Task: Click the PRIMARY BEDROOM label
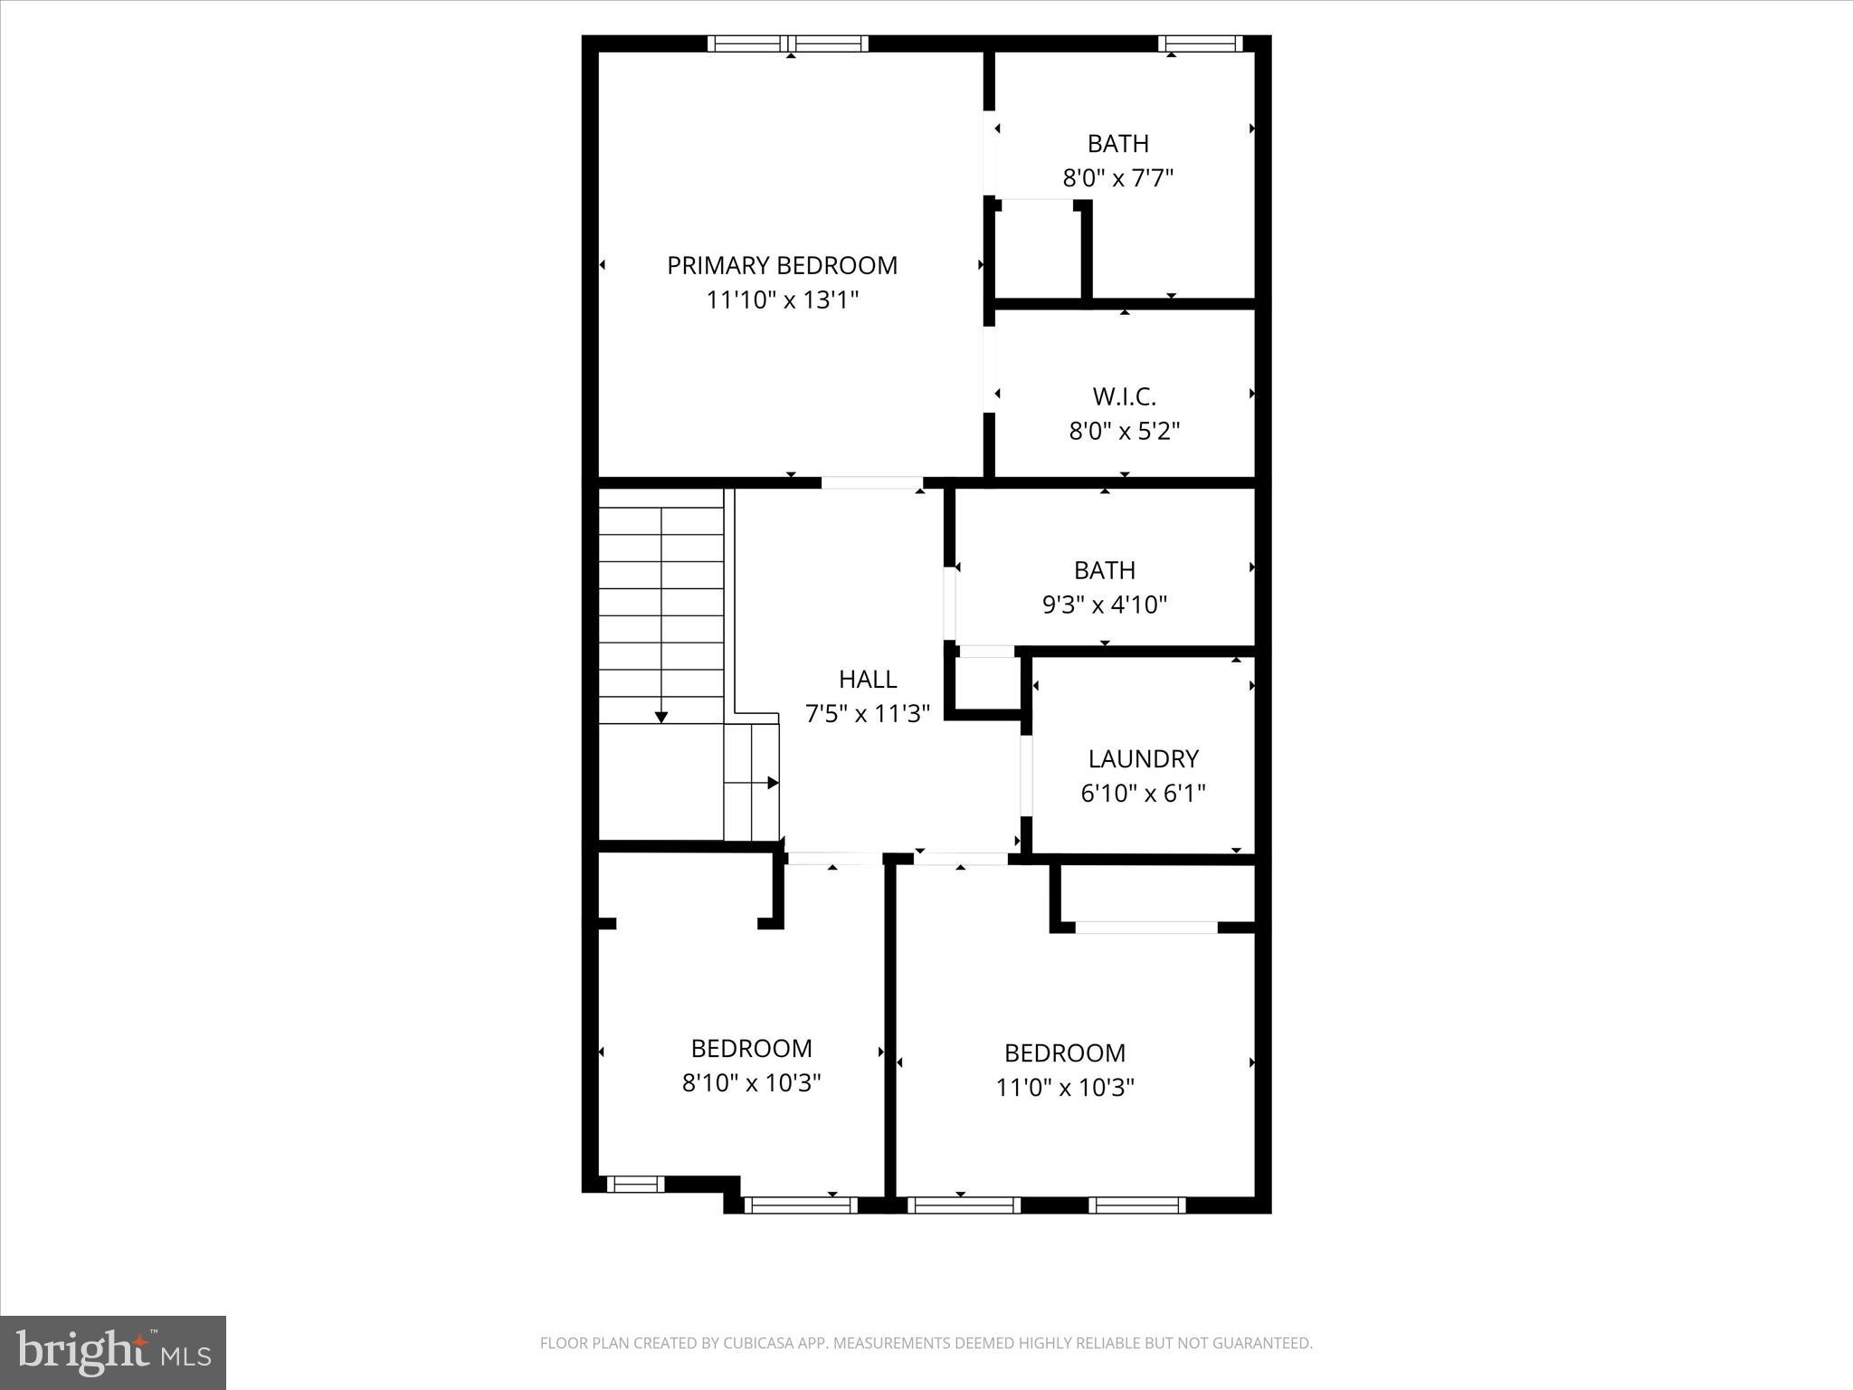click(782, 265)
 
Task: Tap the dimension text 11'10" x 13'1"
click(782, 300)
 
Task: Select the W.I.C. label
click(1124, 396)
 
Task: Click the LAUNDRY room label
click(1143, 758)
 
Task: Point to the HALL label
click(868, 679)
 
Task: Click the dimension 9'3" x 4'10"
click(1105, 605)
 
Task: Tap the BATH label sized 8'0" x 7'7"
click(1118, 144)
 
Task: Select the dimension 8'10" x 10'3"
click(751, 1082)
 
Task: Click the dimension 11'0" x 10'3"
click(1065, 1087)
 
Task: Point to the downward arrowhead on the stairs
click(661, 717)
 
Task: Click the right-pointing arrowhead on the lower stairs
click(773, 783)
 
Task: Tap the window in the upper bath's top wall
click(1201, 43)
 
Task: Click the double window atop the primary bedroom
click(787, 43)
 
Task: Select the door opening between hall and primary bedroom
click(871, 483)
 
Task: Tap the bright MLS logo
click(113, 1353)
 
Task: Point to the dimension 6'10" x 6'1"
click(1143, 794)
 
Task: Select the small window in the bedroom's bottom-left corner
click(634, 1184)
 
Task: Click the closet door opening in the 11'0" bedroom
click(1145, 928)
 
